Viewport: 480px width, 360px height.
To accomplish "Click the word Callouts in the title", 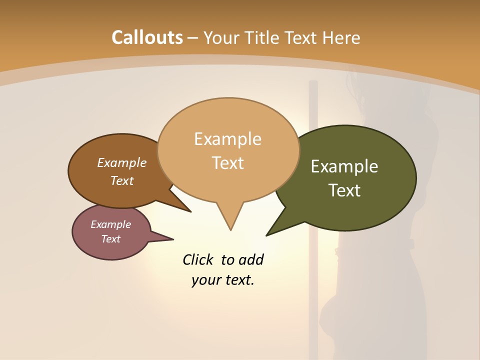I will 147,37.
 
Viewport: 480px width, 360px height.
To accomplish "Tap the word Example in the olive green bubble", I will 344,166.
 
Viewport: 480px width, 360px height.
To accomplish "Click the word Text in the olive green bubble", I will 344,190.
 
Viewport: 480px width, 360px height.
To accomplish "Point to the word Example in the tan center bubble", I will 227,138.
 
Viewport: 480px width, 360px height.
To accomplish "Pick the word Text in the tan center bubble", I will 228,162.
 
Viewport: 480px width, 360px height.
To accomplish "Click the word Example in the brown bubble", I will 122,162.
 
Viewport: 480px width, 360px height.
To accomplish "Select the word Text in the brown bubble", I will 122,180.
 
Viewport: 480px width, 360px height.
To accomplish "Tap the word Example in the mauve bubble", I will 110,224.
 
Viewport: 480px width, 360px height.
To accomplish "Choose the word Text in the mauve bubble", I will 110,239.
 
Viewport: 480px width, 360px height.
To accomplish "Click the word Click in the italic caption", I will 199,259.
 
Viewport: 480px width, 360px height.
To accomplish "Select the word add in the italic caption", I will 251,259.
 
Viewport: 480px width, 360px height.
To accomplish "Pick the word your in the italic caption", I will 203,280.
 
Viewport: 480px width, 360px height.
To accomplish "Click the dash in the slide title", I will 193,38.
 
